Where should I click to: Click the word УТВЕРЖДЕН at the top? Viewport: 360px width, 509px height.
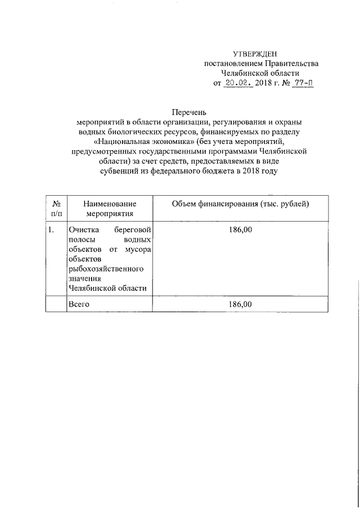pos(261,53)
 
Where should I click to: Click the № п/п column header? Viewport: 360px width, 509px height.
pos(56,209)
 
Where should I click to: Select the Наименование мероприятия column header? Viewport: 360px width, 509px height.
pos(110,209)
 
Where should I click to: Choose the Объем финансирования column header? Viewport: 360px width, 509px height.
pos(240,204)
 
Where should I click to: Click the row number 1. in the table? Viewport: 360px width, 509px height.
pos(52,230)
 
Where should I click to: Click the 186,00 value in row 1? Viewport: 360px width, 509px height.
pos(241,230)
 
